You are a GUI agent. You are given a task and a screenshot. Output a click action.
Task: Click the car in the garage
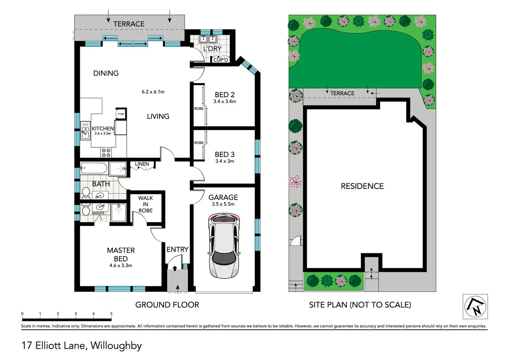pos(224,246)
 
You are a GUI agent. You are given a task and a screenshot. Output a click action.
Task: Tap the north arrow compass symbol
pos(475,306)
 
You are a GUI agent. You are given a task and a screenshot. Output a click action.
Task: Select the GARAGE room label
pos(223,197)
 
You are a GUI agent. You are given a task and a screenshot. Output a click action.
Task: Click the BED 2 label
pos(225,95)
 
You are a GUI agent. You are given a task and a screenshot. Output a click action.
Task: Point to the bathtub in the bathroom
pos(94,168)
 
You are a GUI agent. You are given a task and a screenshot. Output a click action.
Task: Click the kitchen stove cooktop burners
pos(106,153)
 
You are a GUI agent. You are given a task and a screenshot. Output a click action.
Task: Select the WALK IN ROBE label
pos(146,204)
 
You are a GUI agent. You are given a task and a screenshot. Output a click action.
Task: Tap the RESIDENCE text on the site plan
pos(362,186)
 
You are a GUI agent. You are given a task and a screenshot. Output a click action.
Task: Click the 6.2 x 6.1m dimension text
pos(153,92)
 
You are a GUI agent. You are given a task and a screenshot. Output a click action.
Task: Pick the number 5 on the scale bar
pos(111,314)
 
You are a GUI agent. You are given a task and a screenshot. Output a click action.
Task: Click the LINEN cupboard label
pos(142,164)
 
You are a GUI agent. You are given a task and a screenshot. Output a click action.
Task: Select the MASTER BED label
pos(121,254)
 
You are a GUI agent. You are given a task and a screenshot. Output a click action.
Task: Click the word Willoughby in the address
pos(116,345)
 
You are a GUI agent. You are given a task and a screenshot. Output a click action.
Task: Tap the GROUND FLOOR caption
pos(167,305)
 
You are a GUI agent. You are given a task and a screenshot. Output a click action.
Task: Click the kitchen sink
pos(85,130)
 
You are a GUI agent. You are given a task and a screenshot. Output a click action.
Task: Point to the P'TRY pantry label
pos(121,114)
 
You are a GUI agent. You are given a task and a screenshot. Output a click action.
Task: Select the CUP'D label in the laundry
pos(221,60)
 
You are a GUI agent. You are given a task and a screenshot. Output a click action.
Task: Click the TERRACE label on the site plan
pos(342,93)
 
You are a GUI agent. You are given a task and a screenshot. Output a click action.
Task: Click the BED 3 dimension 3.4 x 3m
pos(225,161)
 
